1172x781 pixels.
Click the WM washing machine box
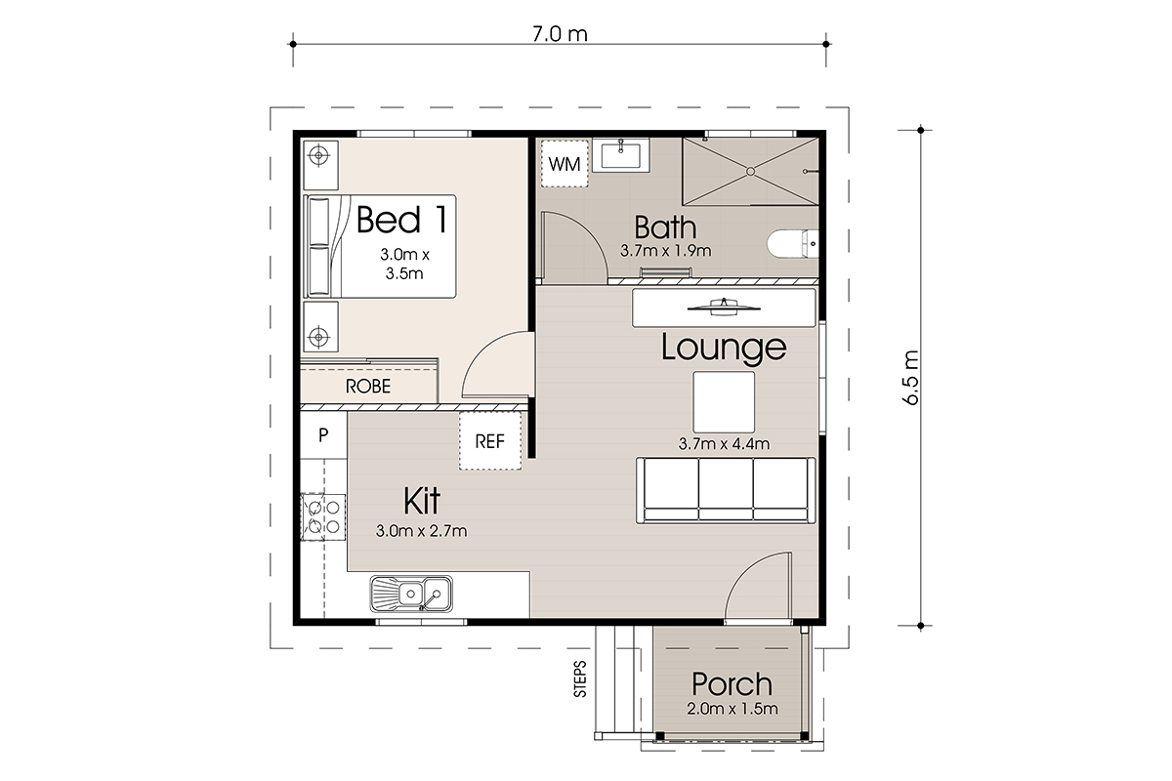click(x=565, y=164)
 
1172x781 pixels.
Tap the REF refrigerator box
click(x=490, y=441)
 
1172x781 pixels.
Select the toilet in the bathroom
click(x=793, y=244)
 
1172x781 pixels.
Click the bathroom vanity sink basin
click(x=621, y=155)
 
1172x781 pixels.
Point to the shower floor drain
click(x=750, y=172)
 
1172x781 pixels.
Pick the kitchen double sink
click(x=411, y=594)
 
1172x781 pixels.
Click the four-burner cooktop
click(x=323, y=516)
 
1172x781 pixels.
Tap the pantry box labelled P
click(x=323, y=434)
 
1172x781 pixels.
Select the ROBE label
click(x=368, y=387)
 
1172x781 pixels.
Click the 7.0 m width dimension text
click(x=560, y=34)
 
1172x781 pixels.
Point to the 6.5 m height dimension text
click(x=911, y=378)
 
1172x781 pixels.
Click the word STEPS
click(x=580, y=679)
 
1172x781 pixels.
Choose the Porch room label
click(x=732, y=684)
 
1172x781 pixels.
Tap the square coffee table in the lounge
click(x=724, y=402)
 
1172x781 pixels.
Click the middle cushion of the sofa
click(x=727, y=489)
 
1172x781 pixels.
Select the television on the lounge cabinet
click(x=724, y=308)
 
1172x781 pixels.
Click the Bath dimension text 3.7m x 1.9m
click(x=665, y=251)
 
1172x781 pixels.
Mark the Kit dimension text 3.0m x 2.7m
click(x=421, y=531)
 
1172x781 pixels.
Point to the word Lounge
click(x=724, y=348)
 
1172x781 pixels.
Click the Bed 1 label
click(x=401, y=220)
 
